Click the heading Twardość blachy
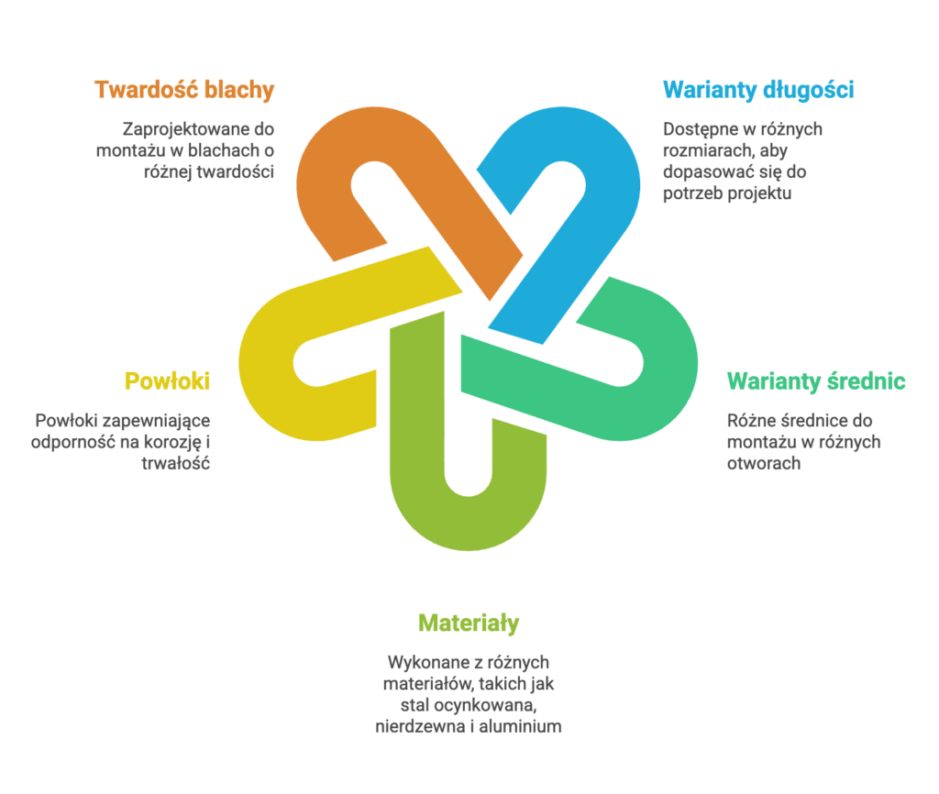[x=184, y=90]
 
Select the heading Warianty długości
[x=758, y=90]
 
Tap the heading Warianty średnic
[x=816, y=381]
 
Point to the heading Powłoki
[x=167, y=381]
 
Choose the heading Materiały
[x=469, y=623]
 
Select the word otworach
[x=764, y=463]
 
